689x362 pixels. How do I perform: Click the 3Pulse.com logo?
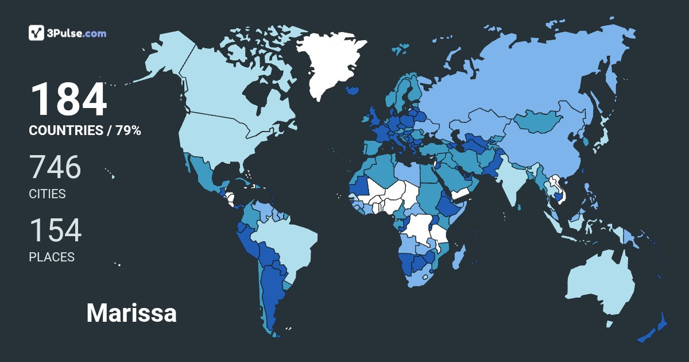click(x=68, y=33)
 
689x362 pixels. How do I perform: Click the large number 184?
click(x=68, y=99)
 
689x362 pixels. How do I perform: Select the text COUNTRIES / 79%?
click(x=85, y=130)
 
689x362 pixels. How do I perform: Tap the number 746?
click(x=55, y=167)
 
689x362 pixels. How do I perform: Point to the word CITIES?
click(x=47, y=194)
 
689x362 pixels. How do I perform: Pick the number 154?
click(x=55, y=230)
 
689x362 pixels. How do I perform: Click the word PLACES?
click(x=52, y=257)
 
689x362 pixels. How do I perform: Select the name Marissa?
click(x=131, y=313)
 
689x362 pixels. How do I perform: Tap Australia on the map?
click(x=600, y=284)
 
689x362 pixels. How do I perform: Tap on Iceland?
click(x=354, y=90)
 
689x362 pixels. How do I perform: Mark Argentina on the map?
click(x=273, y=293)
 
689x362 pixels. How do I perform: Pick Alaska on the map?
click(x=164, y=52)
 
